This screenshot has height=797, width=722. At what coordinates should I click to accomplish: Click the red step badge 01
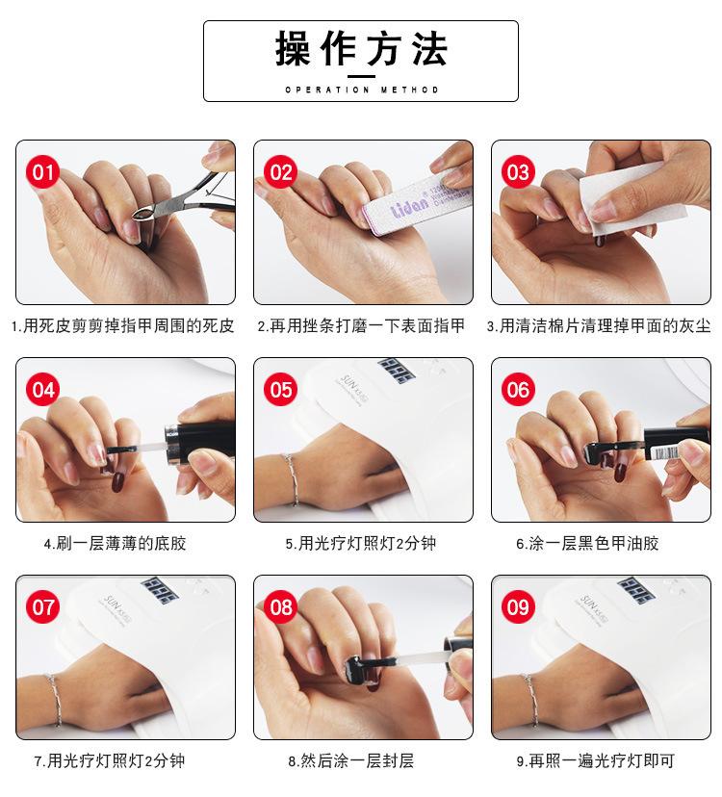[42, 172]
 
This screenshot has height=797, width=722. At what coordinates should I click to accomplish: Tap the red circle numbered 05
[281, 390]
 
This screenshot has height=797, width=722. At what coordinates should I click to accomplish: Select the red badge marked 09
[518, 607]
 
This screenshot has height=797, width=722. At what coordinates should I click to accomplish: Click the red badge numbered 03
[518, 172]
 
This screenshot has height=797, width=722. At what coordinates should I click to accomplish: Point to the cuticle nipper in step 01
[183, 201]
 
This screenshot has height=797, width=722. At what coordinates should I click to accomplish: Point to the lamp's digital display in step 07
[159, 590]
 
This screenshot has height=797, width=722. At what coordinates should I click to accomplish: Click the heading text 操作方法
[361, 49]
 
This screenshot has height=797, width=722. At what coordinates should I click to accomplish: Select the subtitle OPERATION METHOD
[362, 90]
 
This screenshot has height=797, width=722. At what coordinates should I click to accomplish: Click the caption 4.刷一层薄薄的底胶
[115, 543]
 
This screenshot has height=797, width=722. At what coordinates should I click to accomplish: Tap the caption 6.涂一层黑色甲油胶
[587, 543]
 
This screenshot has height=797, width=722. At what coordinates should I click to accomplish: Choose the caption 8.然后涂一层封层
[350, 761]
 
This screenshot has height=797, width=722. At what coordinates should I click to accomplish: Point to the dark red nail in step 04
[118, 481]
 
